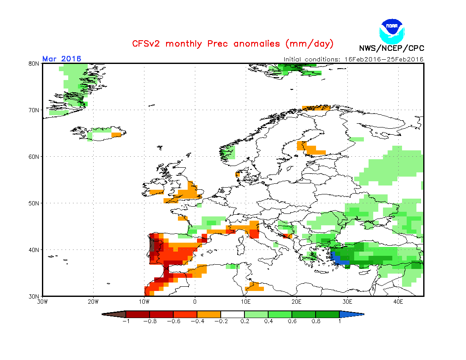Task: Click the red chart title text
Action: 233,44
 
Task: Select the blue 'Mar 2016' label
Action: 62,59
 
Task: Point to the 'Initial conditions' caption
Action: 353,59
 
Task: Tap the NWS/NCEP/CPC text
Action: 391,48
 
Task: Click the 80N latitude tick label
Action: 34,64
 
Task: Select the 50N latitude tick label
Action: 34,203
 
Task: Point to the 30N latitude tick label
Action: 34,296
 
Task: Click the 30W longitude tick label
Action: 42,302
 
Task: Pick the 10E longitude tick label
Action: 246,302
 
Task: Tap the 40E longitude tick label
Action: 398,302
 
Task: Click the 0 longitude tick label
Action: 195,302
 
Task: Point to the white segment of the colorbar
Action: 233,314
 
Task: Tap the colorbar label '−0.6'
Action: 173,321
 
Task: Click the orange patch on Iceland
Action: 116,135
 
